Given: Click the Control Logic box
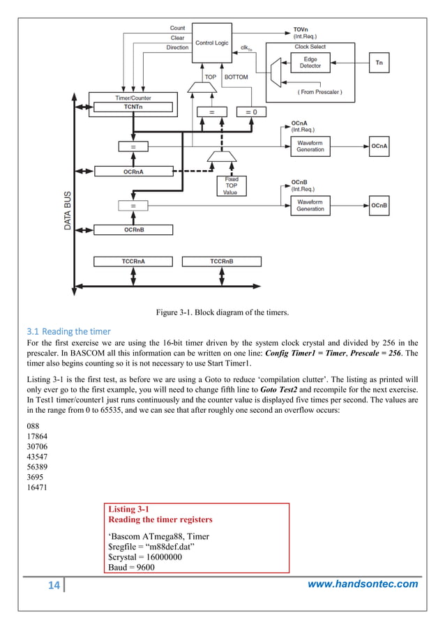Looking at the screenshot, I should click(211, 43).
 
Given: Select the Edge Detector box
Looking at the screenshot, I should click(310, 63).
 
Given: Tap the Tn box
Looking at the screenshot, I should click(379, 63).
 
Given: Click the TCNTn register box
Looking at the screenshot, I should click(131, 107).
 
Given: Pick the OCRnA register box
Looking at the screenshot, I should click(133, 170).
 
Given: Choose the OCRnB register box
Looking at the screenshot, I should click(133, 229).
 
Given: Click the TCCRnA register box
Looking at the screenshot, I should click(133, 262).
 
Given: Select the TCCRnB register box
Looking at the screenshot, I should click(221, 262).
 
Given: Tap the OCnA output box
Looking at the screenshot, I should click(379, 146).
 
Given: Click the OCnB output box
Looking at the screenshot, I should click(379, 205).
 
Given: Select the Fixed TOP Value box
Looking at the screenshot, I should click(231, 186).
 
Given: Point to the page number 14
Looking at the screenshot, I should click(54, 584).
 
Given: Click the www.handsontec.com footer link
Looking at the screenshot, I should click(363, 584).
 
